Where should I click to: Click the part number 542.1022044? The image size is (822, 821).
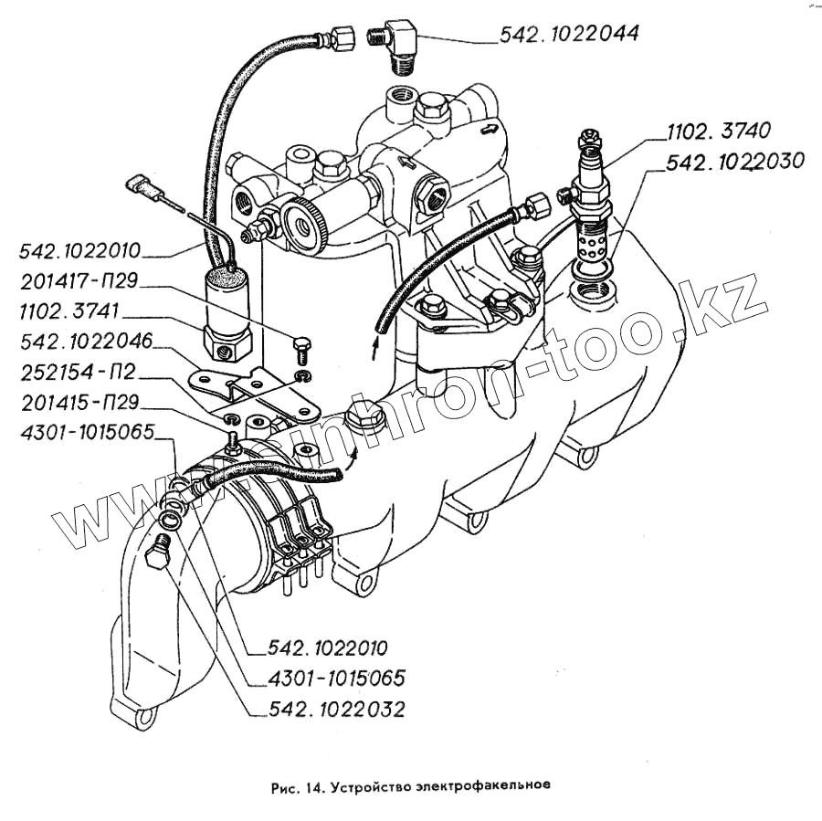coord(568,35)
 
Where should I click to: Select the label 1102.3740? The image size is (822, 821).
coord(707,130)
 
